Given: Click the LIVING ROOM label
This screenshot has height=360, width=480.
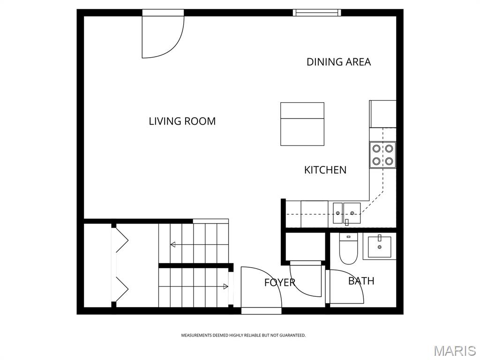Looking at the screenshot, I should point(182,121).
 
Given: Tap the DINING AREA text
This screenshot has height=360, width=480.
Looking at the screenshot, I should point(338,62).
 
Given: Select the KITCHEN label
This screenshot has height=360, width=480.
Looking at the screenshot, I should point(325,170).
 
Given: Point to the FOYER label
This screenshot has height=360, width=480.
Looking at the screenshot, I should point(279,283).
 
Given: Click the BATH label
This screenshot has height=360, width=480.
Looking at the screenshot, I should point(361,281).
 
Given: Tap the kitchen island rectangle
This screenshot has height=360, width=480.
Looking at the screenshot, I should point(302,124).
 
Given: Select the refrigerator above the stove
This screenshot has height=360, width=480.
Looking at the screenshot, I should point(383,114).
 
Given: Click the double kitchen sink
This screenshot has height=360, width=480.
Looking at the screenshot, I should point(347,213).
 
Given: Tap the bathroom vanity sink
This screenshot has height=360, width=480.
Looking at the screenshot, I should point(379,247).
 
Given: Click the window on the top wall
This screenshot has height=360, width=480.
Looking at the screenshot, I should point(317,13).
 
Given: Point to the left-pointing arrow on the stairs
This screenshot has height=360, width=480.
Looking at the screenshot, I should point(173,244).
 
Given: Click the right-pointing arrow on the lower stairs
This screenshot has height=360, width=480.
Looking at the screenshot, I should point(225,286).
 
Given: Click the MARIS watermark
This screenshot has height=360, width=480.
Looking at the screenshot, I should point(455,351).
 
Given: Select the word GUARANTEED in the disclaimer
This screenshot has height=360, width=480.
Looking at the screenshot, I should point(293,336).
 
